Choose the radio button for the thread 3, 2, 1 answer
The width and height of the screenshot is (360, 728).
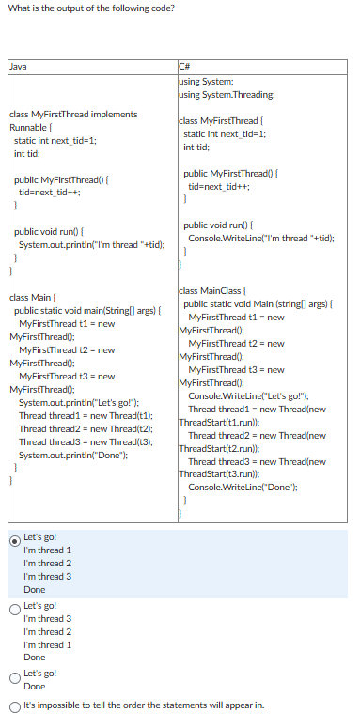14,608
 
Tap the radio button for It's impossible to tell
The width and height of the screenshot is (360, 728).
14,705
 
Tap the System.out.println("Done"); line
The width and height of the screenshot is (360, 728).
73,455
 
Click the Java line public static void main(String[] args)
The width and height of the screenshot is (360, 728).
89,310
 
